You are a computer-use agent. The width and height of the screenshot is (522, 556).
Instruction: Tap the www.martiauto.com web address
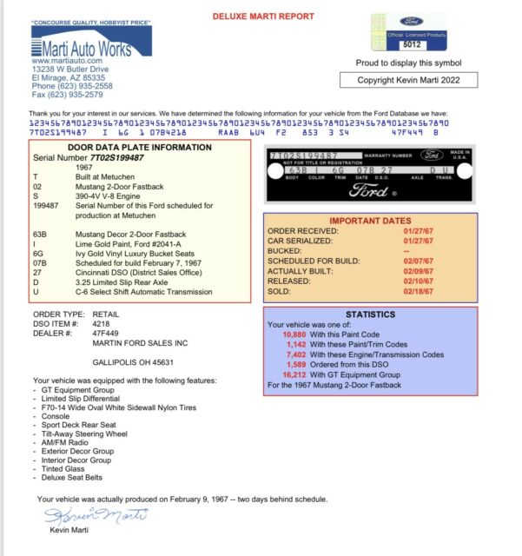click(67, 61)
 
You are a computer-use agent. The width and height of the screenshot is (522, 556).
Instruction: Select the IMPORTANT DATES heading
click(371, 220)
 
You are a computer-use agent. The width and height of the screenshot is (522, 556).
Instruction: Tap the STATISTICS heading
click(371, 313)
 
